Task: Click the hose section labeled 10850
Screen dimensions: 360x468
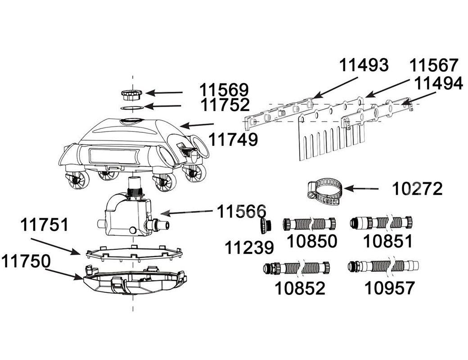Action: pos(310,224)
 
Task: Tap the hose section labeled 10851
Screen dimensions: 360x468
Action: pos(382,222)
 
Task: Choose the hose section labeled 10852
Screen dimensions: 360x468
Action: pos(296,268)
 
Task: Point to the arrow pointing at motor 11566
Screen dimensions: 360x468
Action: pos(184,212)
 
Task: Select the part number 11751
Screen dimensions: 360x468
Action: pos(45,224)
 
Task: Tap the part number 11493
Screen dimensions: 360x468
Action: pos(364,65)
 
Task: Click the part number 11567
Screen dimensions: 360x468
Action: pos(434,66)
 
